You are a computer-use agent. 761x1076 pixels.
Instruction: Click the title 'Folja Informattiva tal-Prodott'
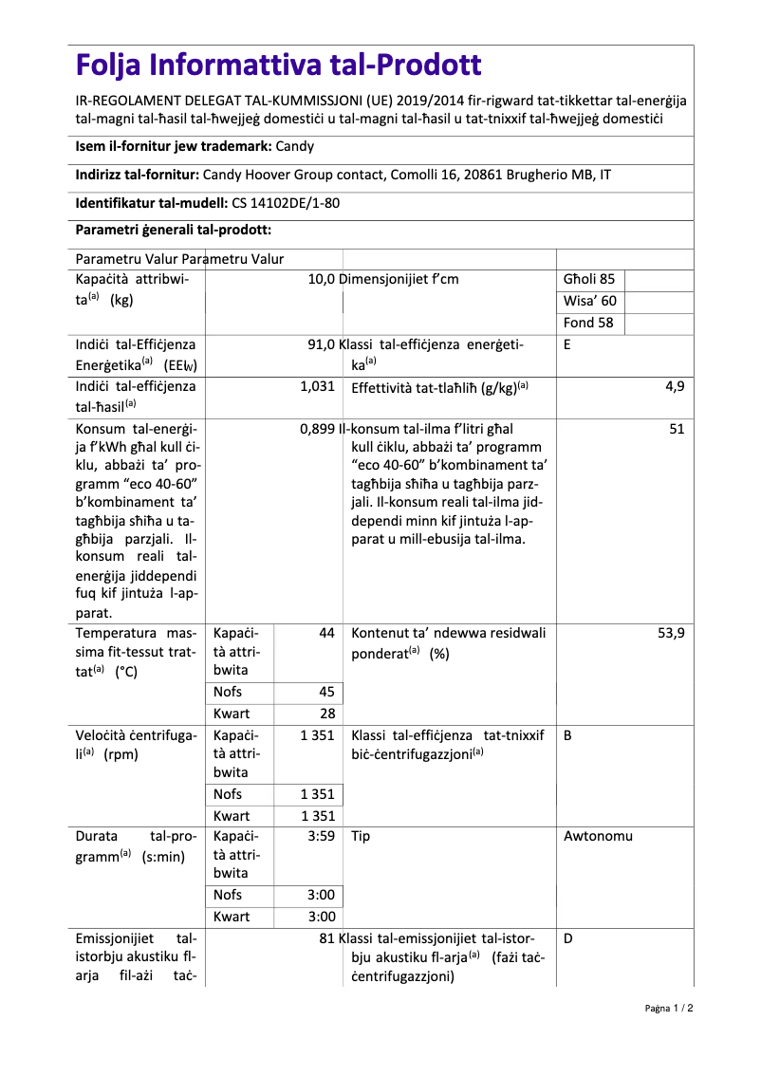pos(278,65)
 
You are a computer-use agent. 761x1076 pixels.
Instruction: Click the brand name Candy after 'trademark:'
pos(294,147)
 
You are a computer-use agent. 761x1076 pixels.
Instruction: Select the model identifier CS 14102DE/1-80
pos(286,203)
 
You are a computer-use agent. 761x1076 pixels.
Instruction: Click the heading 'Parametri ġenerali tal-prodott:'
pos(174,231)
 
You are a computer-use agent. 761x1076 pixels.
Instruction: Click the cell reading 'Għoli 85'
pos(589,279)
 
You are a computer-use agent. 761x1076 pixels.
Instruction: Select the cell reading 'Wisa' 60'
pos(589,301)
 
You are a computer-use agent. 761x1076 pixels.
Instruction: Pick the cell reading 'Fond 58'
pos(588,323)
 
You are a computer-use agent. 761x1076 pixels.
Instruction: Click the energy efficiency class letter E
pos(566,345)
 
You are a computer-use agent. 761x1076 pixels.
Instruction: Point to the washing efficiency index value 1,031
pos(317,386)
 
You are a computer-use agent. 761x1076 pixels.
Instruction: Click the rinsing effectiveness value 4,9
pos(675,386)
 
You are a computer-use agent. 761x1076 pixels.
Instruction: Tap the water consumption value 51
pos(677,429)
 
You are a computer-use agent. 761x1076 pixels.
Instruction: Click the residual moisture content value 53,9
pos(671,633)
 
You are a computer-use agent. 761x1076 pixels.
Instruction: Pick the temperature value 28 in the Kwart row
pos(326,714)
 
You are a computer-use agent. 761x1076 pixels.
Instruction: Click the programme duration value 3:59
pos(322,837)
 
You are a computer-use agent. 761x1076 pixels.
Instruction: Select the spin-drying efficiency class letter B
pos(566,735)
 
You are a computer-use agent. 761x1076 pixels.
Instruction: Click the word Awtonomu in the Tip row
pos(598,837)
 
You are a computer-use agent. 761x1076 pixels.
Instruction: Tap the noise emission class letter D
pos(567,938)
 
